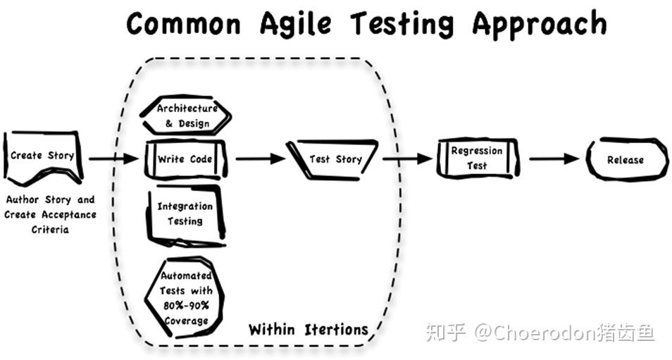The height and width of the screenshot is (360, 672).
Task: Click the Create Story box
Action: pos(42,156)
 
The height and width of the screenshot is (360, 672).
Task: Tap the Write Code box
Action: pos(185,160)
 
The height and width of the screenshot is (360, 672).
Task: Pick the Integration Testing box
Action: pos(185,213)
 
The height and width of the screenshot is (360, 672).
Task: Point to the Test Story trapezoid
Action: pos(335,159)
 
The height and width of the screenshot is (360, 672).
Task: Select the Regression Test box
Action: pos(476,159)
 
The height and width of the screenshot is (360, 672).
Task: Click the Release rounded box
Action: pos(625,160)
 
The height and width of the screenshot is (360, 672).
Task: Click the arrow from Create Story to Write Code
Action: pos(113,159)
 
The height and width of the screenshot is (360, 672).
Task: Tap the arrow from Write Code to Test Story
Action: pos(260,159)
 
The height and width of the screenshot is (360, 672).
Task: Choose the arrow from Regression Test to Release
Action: pos(554,159)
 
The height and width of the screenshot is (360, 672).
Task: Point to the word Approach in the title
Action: pos(539,25)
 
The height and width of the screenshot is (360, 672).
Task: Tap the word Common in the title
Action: pos(184,25)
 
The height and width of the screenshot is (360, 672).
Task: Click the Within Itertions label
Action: pos(308,329)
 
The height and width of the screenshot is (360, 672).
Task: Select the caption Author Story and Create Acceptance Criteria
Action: pos(50,214)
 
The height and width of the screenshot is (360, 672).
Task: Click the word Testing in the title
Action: pos(403,25)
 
